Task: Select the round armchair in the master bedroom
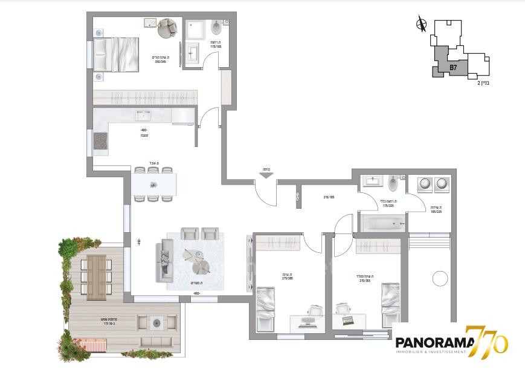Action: (x=167, y=27)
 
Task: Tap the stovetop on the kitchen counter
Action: (x=100, y=143)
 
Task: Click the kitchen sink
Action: (x=143, y=115)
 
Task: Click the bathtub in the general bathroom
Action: (x=382, y=223)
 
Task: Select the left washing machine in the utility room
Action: (x=423, y=182)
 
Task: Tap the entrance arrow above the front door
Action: (x=265, y=176)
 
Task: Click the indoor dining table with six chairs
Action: (x=154, y=184)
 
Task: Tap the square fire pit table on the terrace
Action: (x=155, y=324)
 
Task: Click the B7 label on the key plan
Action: (x=453, y=68)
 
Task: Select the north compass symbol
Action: (x=422, y=25)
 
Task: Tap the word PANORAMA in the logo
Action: (x=430, y=343)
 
